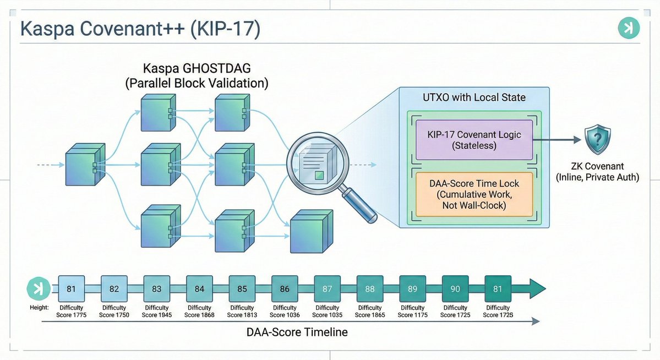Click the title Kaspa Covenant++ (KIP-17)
140,29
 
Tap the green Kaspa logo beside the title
628,28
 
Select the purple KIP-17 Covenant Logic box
474,140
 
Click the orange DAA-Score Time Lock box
474,194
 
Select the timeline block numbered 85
242,288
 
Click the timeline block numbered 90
455,288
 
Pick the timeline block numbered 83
157,288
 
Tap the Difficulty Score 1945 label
157,312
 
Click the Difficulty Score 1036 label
285,312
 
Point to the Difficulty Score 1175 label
413,312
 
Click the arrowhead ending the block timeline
536,288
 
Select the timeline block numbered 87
328,288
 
